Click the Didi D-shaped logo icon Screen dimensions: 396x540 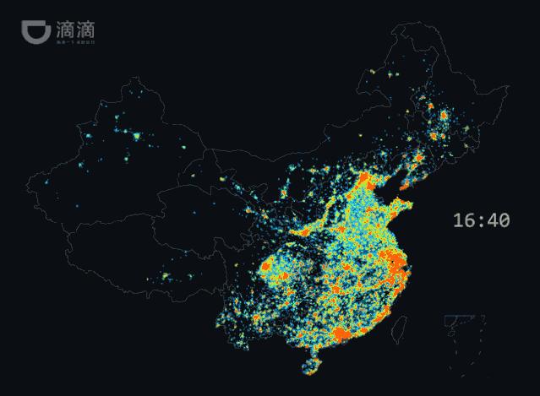(x=35, y=31)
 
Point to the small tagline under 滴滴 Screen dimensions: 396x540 (x=74, y=40)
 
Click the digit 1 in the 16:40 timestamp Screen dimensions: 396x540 (x=459, y=220)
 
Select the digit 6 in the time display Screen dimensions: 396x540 (x=472, y=220)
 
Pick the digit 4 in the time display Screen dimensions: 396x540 (x=492, y=220)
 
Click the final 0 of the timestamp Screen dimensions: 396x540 (x=505, y=220)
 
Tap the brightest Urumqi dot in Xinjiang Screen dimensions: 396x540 (x=134, y=134)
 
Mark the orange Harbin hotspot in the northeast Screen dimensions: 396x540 (x=443, y=113)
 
